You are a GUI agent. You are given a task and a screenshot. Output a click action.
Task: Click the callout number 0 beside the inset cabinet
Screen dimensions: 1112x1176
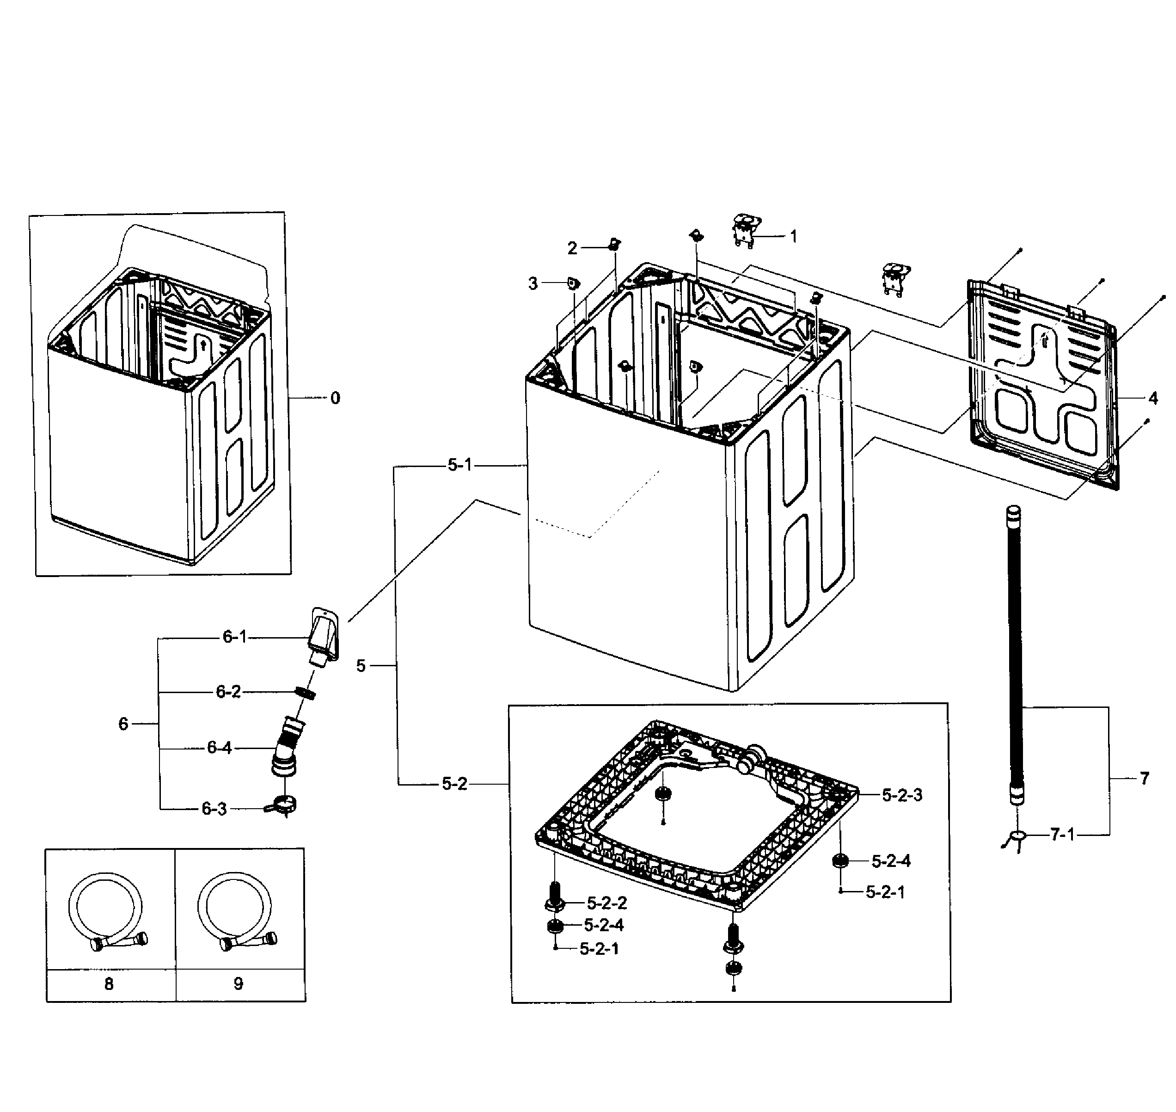click(x=336, y=398)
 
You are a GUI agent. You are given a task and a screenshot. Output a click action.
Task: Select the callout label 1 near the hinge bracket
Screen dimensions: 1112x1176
click(x=793, y=237)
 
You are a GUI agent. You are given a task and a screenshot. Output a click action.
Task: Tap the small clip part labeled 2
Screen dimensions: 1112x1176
click(x=614, y=243)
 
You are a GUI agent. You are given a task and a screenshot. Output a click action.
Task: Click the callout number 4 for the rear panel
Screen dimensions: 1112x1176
click(x=1152, y=398)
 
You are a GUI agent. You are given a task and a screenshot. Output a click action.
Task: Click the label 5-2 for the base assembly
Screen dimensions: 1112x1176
click(x=454, y=784)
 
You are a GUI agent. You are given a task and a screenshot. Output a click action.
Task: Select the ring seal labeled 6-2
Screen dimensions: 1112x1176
click(x=305, y=692)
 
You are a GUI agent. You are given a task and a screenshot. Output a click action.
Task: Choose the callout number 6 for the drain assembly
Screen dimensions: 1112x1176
click(x=123, y=724)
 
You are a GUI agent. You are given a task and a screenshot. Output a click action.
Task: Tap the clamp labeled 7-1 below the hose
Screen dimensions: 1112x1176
click(x=1018, y=836)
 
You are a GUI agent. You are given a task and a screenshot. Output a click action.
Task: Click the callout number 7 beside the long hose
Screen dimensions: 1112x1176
click(x=1144, y=778)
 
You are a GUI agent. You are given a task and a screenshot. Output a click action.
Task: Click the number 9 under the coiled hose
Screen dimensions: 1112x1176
click(x=238, y=984)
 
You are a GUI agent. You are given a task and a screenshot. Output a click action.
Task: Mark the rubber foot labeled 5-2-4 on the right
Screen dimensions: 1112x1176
click(x=839, y=860)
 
